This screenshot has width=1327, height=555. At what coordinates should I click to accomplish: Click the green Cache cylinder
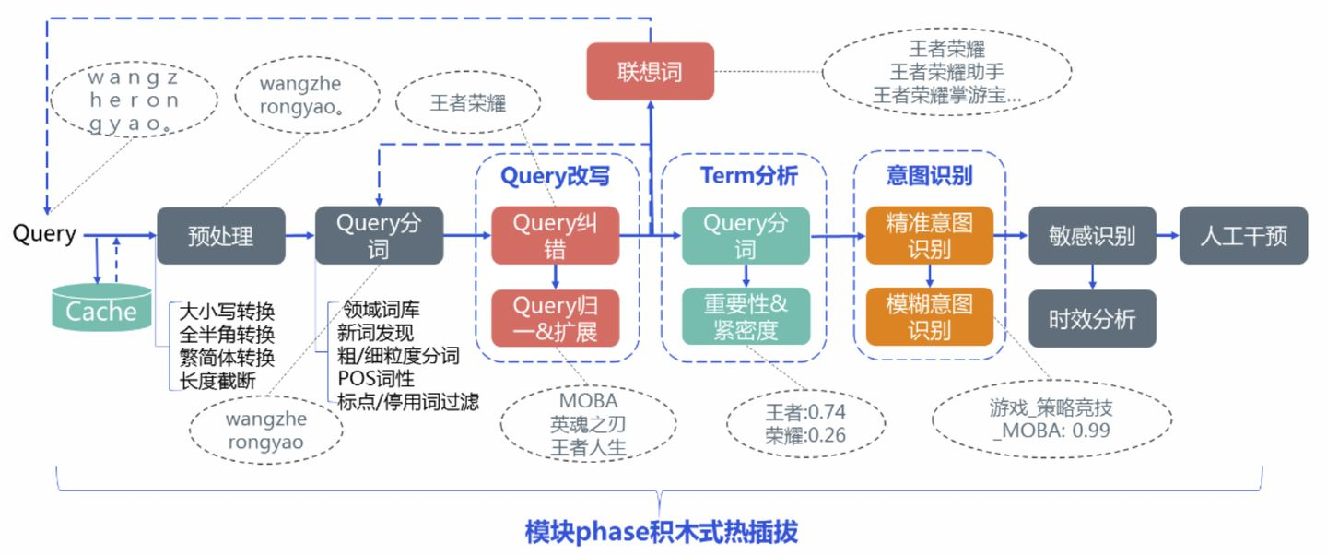(101, 310)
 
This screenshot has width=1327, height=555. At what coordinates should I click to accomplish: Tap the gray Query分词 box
(379, 236)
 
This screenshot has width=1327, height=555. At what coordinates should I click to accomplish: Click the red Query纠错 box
(555, 236)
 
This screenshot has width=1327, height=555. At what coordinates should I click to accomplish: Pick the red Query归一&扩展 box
(555, 318)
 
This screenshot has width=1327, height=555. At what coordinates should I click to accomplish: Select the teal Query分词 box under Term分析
(746, 236)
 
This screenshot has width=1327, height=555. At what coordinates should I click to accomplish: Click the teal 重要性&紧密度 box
(746, 316)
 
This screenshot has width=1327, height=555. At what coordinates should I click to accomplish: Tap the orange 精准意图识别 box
(930, 236)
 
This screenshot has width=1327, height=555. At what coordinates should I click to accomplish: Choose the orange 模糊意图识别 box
(930, 316)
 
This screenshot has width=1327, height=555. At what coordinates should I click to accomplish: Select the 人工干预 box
(1243, 236)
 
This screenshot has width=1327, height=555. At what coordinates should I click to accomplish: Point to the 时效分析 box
(1092, 319)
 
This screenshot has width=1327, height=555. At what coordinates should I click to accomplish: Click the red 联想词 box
(651, 71)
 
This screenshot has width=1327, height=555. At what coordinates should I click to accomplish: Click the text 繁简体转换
(227, 357)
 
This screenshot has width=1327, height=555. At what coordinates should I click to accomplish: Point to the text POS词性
(376, 378)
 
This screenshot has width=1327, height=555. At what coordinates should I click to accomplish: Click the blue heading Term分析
(748, 175)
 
